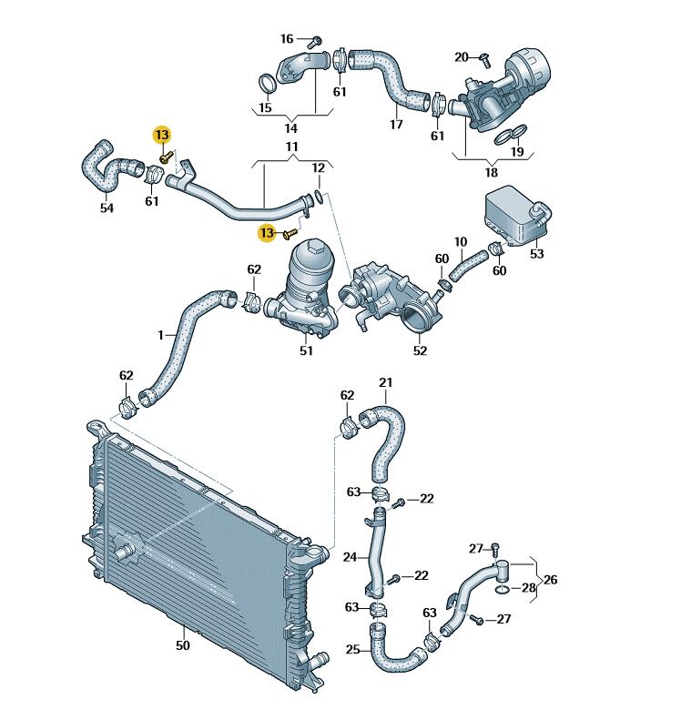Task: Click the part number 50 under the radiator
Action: click(182, 645)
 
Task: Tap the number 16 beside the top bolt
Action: click(287, 39)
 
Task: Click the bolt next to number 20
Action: click(484, 59)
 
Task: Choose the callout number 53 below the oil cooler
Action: click(536, 254)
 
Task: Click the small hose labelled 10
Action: click(468, 265)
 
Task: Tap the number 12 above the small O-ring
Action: click(319, 168)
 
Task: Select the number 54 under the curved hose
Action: click(107, 208)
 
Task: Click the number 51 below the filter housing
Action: click(306, 350)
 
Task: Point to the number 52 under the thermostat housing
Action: click(420, 350)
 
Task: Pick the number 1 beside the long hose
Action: click(161, 335)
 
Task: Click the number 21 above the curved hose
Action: click(385, 382)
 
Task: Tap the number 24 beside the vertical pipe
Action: click(350, 557)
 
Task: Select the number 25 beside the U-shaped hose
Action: click(352, 649)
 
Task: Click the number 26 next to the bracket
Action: click(550, 580)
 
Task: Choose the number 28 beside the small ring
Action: click(529, 588)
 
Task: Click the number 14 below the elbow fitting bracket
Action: click(290, 128)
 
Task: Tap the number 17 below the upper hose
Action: click(396, 124)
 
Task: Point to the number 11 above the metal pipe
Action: click(292, 147)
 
